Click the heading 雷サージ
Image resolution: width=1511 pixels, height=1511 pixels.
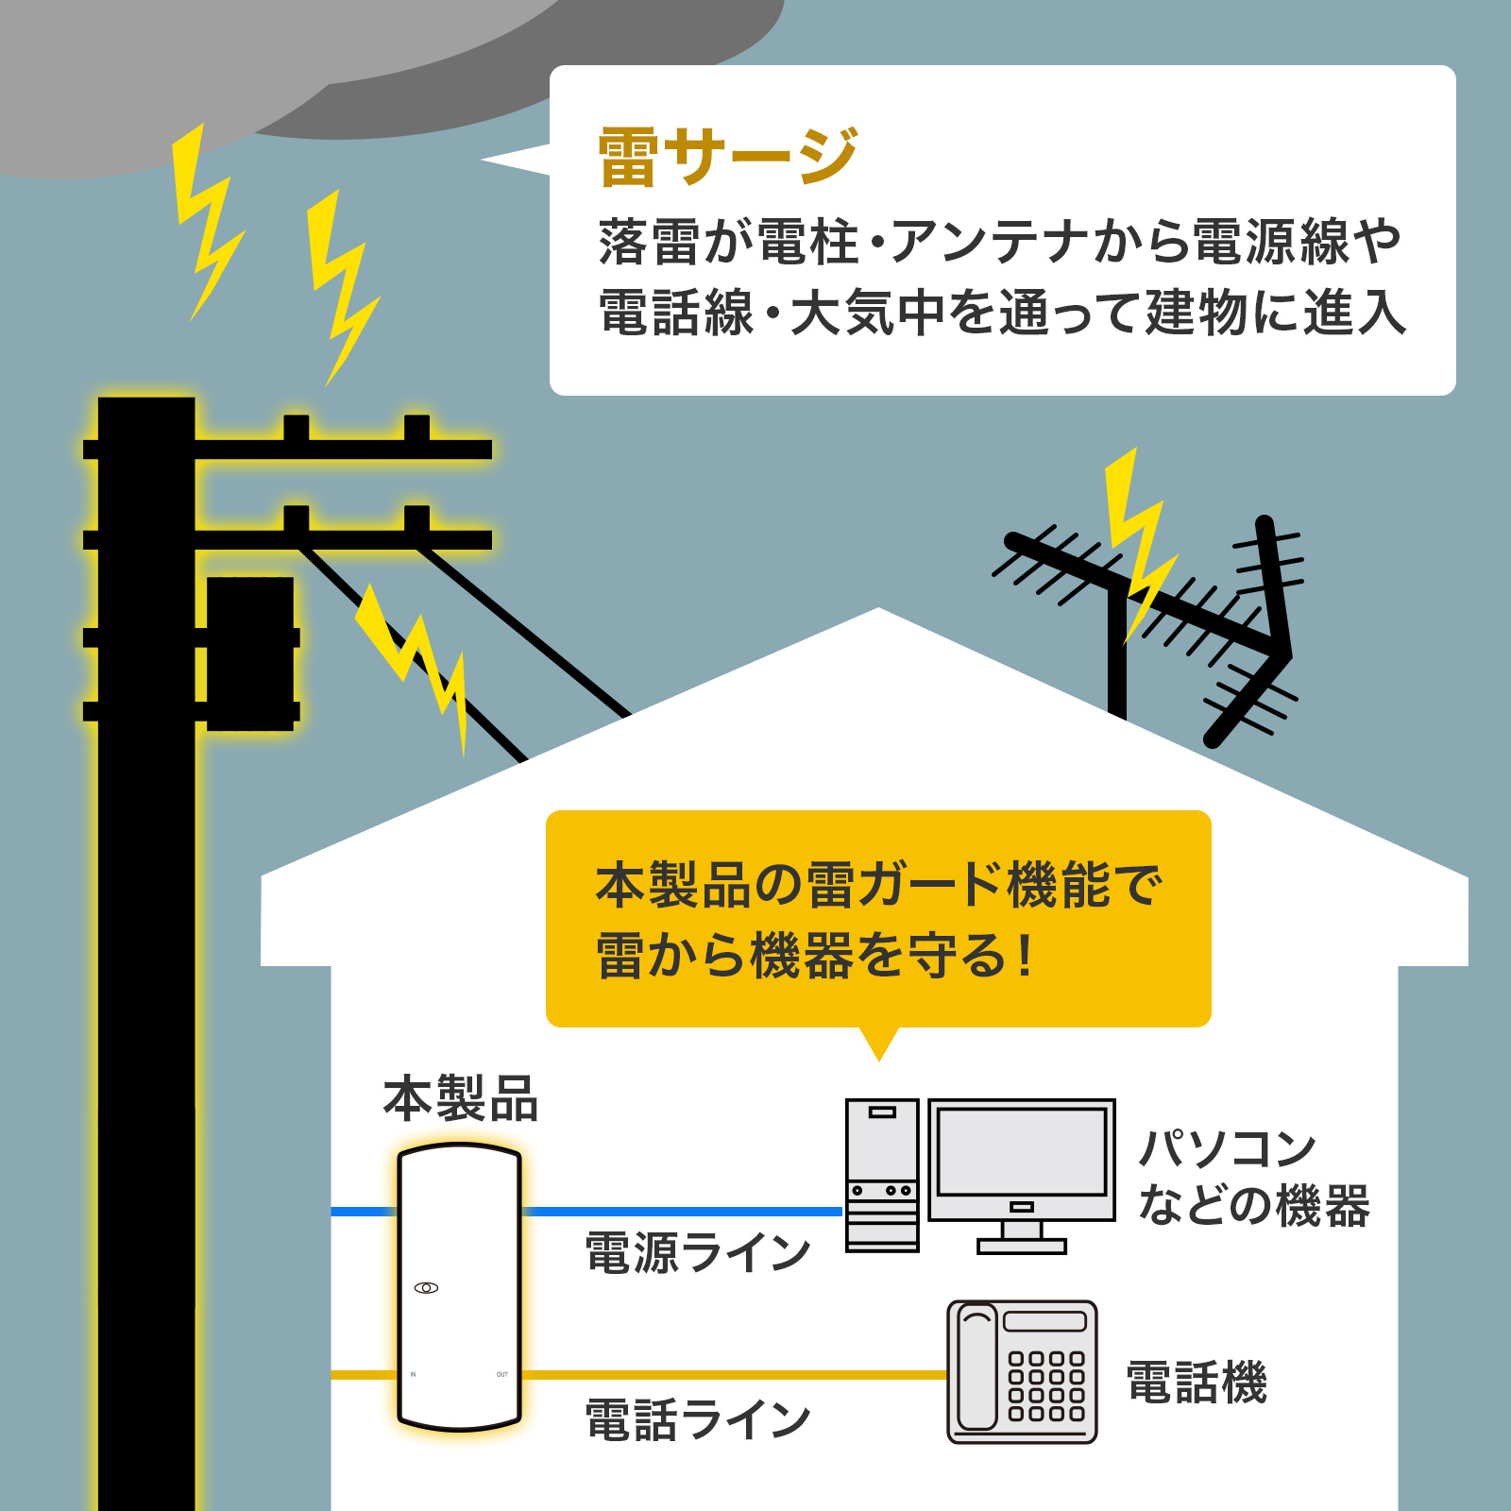pos(727,157)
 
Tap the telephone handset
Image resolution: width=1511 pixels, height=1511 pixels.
pos(977,1369)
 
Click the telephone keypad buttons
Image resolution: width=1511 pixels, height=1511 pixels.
pos(1046,1385)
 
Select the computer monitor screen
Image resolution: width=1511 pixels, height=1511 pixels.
pos(1021,1152)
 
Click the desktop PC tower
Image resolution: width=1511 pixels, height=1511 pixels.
pos(882,1175)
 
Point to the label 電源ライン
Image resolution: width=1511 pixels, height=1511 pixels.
pos(698,1252)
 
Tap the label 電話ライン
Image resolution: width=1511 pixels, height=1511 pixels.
pos(698,1419)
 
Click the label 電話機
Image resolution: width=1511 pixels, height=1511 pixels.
pos(1197,1383)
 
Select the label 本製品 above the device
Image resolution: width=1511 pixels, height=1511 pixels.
pos(461,1099)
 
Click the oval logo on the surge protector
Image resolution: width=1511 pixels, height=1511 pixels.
pos(426,1288)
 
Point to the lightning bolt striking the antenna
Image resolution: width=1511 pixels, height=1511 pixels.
pos(1138,543)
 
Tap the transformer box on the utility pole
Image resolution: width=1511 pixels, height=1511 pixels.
pos(250,652)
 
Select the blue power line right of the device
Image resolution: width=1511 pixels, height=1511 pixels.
pos(680,1211)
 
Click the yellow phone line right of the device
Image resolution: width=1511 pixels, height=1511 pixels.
pos(732,1375)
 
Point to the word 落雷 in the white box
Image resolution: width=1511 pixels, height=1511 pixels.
pos(648,242)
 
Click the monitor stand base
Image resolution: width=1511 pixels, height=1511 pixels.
pos(1022,1247)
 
